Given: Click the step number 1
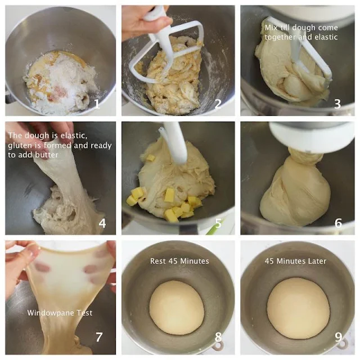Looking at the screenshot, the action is [97, 104].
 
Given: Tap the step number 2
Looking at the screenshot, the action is [218, 104].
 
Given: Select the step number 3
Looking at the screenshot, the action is [337, 104].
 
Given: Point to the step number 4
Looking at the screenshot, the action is [102, 223].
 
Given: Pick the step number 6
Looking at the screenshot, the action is [338, 223].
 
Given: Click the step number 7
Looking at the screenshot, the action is [99, 337].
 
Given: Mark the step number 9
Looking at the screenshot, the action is [339, 337].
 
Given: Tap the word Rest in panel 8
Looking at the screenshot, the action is [159, 261].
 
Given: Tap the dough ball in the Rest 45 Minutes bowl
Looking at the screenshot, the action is [177, 308].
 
